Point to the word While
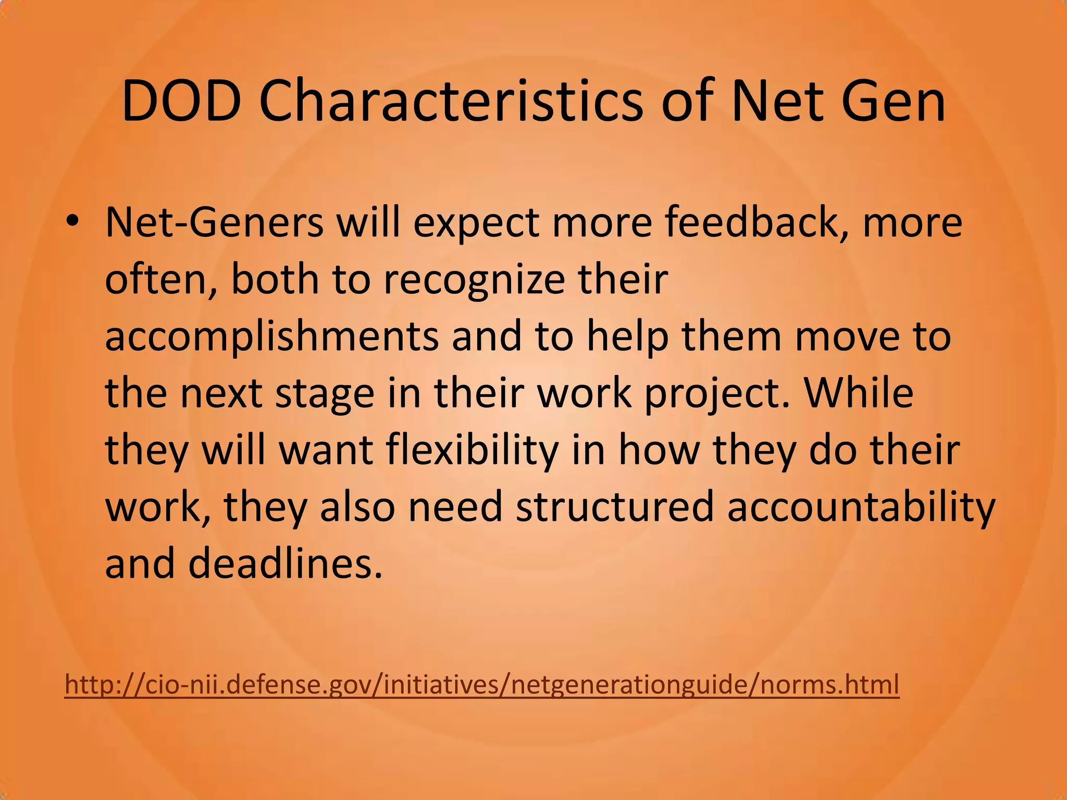(859, 393)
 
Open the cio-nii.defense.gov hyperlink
(482, 684)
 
